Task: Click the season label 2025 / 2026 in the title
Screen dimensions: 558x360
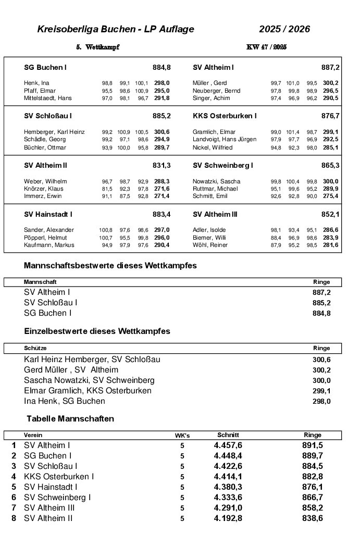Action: click(x=284, y=29)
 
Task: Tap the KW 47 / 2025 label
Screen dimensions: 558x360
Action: click(x=266, y=47)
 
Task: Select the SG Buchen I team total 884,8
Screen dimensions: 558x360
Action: click(x=162, y=68)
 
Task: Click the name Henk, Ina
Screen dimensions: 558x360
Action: click(x=36, y=83)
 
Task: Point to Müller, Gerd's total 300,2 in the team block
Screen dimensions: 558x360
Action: click(x=330, y=83)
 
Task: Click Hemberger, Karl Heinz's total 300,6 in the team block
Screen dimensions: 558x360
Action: click(x=162, y=132)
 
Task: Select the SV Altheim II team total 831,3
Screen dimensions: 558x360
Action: click(x=162, y=165)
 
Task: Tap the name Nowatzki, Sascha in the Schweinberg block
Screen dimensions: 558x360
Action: click(x=216, y=181)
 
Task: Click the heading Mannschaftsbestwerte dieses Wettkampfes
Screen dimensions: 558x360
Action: click(x=110, y=266)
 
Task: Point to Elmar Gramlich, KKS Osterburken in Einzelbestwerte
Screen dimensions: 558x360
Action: click(x=88, y=391)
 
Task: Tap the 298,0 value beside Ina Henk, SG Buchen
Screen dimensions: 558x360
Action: click(x=321, y=401)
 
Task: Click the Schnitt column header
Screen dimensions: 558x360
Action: click(x=228, y=435)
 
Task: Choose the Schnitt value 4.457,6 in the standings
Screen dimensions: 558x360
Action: click(x=228, y=445)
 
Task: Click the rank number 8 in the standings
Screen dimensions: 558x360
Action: click(x=14, y=518)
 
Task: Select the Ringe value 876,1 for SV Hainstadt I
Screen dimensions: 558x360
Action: click(x=312, y=487)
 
